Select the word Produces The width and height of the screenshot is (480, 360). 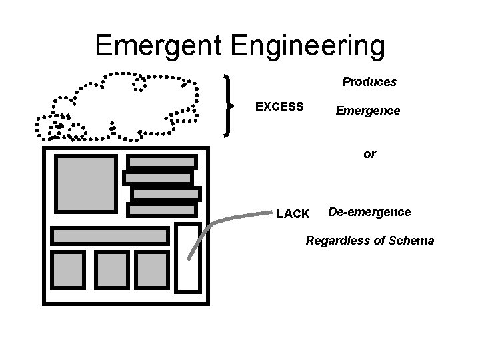pos(369,82)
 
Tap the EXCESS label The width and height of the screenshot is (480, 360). pos(279,107)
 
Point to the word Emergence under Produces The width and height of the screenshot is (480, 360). pos(368,111)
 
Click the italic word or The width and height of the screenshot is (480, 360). pos(369,154)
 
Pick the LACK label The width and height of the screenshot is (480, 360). pos(293,214)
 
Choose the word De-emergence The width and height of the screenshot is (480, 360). pos(369,212)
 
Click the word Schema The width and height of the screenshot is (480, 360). pos(412,241)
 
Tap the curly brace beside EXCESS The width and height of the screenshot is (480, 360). pos(230,105)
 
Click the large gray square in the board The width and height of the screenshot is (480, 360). pos(85,183)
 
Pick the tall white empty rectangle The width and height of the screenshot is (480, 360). pos(188,257)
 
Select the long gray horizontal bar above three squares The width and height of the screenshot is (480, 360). pos(110,235)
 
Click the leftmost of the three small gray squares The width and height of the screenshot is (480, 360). pos(69,269)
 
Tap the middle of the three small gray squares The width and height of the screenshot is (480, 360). pos(111,269)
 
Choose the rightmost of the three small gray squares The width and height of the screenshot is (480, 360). pos(152,269)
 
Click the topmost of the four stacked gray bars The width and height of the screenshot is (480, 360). pos(162,162)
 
